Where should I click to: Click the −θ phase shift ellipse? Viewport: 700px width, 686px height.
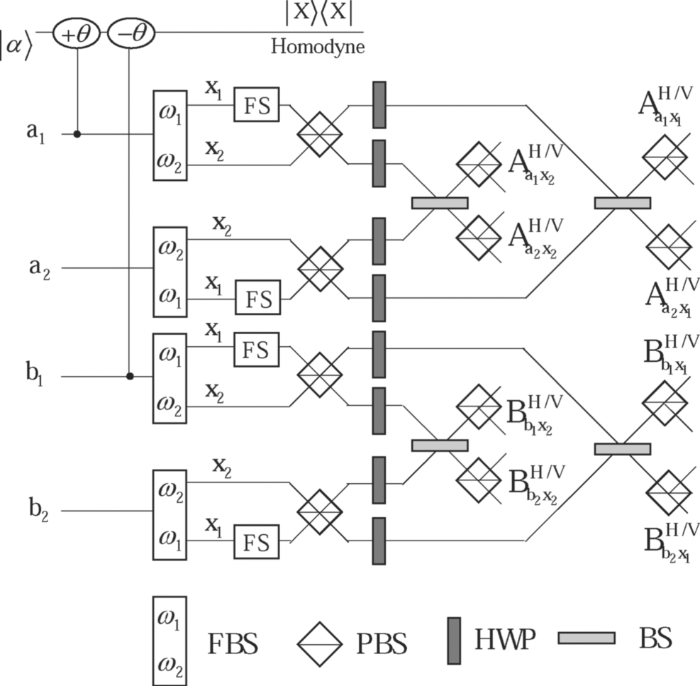pyautogui.click(x=130, y=33)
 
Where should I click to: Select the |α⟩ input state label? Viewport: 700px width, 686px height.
pyautogui.click(x=16, y=33)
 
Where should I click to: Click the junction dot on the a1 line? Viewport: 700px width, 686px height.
pyautogui.click(x=77, y=133)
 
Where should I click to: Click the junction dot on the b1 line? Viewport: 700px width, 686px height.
pyautogui.click(x=130, y=376)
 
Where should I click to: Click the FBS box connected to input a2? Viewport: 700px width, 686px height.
pyautogui.click(x=170, y=271)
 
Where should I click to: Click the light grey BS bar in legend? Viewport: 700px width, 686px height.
pyautogui.click(x=586, y=638)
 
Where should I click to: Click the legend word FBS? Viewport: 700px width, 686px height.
pyautogui.click(x=233, y=643)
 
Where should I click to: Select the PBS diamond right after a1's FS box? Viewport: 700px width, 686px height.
pyautogui.click(x=320, y=133)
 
